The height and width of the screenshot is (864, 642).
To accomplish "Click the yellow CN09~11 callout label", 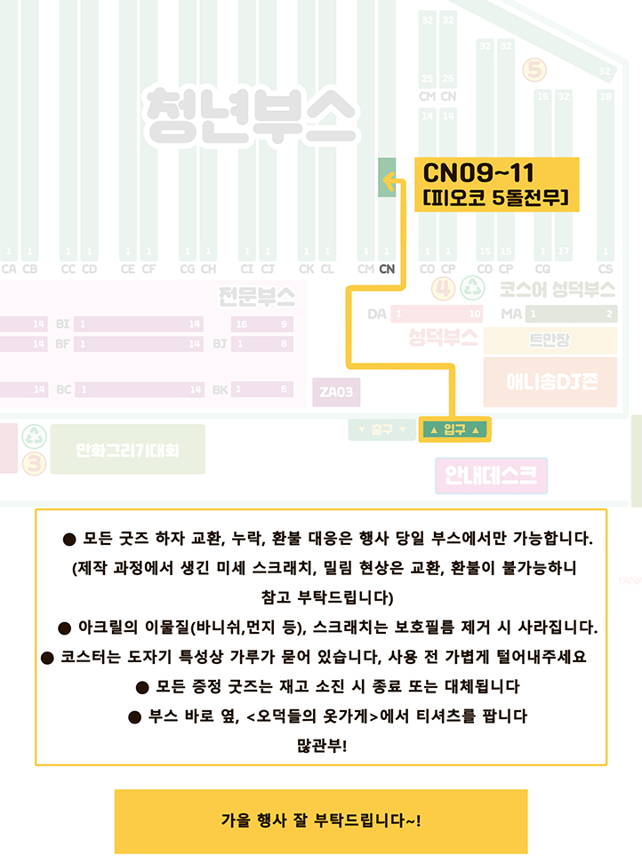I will (x=496, y=184).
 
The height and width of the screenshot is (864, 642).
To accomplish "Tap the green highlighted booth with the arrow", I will (x=387, y=177).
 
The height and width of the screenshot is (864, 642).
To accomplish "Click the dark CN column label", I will (x=387, y=268).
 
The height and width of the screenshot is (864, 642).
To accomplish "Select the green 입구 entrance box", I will (x=453, y=429).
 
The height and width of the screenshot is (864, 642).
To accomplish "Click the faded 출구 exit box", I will (x=381, y=429).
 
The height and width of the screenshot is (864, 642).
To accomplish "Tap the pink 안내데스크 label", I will (x=491, y=476).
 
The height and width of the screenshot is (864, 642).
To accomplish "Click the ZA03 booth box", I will (x=336, y=391).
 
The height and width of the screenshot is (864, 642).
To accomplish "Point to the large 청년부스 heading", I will (x=252, y=115).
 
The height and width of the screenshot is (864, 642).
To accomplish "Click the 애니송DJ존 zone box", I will (x=550, y=381).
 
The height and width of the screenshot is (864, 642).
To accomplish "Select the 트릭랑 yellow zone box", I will (x=550, y=340).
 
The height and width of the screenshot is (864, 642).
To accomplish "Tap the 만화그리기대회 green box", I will (x=127, y=450).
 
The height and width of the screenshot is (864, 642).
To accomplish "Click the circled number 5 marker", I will (x=535, y=68).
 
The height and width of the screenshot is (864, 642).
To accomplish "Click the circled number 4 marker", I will (x=445, y=287).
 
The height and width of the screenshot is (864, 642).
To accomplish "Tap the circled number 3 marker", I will (x=34, y=462).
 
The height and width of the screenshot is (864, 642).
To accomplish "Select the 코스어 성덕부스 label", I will (x=557, y=289).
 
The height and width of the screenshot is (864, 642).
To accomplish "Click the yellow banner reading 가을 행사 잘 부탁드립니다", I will (x=320, y=820).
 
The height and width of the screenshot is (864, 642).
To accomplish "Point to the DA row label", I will (x=377, y=314).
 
